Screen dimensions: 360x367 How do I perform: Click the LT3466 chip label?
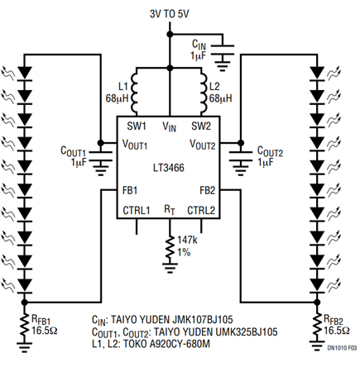[x=169, y=168]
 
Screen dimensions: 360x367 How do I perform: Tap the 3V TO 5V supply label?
[x=170, y=14]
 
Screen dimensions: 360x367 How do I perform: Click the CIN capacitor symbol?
[x=222, y=50]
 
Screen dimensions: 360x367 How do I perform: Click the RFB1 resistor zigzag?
[x=25, y=327]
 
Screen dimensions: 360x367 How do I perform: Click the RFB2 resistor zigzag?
[x=317, y=327]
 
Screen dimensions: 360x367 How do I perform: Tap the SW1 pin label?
[x=137, y=126]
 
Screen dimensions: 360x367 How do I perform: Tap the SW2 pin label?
[x=201, y=126]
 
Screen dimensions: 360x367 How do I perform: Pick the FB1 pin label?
[x=130, y=190]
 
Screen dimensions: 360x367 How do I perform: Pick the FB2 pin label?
[x=208, y=190]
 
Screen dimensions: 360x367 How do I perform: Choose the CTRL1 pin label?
[x=137, y=211]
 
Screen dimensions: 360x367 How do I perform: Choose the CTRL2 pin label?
[x=201, y=211]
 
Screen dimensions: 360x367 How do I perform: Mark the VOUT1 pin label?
[x=135, y=144]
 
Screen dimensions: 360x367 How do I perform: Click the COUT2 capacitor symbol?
[x=241, y=156]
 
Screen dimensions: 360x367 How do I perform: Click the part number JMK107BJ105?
[x=203, y=319]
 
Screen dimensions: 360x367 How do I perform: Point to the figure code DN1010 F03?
[x=342, y=348]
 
